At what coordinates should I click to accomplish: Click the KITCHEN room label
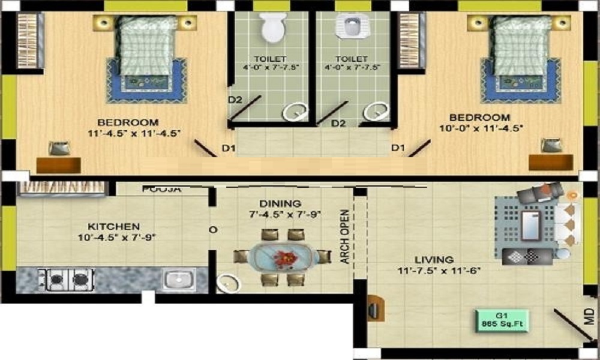[x=113, y=227]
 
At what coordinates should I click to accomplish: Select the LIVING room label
[x=433, y=260]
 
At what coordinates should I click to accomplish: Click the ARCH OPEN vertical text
[x=344, y=236]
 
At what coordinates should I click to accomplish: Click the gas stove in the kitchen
[x=66, y=279]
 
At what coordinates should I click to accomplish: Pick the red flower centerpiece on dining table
[x=284, y=257]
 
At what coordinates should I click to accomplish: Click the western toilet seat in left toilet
[x=273, y=27]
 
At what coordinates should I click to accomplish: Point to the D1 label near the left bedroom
[x=228, y=148]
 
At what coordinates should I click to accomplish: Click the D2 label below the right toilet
[x=339, y=124]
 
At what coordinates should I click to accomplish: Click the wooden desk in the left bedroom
[x=58, y=165]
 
